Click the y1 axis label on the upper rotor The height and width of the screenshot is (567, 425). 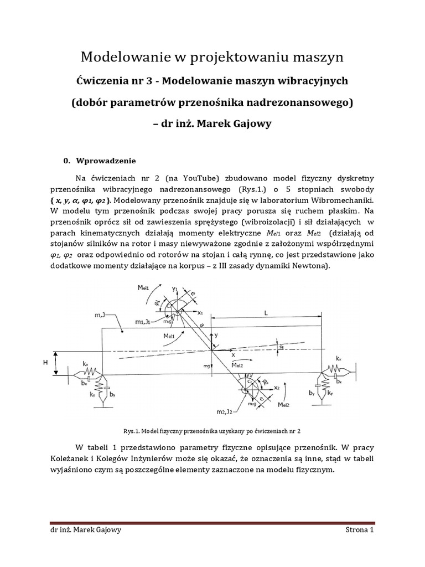tap(175, 289)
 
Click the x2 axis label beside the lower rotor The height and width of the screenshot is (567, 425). tap(275, 388)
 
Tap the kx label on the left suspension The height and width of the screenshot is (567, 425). tap(85, 364)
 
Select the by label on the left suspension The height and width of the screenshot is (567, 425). tap(112, 394)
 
